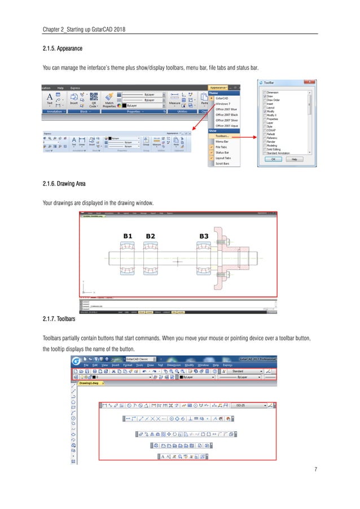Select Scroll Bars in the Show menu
222,164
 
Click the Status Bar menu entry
222,152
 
